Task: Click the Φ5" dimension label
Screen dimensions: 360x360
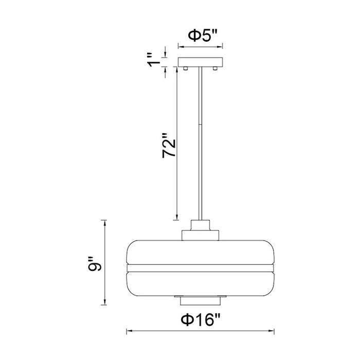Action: [203, 36]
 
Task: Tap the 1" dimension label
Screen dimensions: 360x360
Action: [154, 60]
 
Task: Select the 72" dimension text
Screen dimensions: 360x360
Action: [169, 145]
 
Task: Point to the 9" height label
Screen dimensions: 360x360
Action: [94, 263]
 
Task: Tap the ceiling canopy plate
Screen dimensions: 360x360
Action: [201, 62]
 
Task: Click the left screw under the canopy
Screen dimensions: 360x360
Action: [186, 68]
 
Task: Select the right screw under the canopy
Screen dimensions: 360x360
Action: [215, 68]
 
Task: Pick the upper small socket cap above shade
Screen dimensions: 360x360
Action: [200, 225]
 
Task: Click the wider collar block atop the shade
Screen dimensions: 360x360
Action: [200, 236]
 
